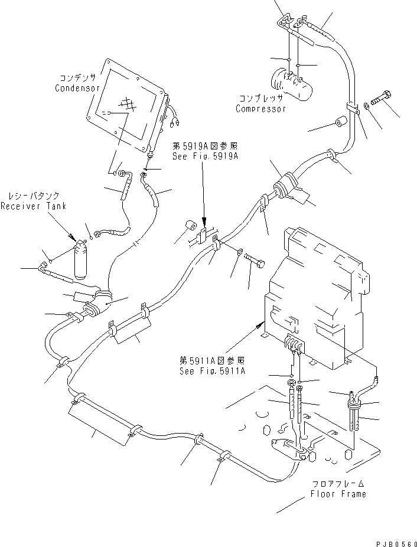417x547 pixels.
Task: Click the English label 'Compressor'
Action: [x=260, y=109]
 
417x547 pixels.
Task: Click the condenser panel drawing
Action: [x=126, y=107]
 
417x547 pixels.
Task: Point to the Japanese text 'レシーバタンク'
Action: [x=33, y=196]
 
